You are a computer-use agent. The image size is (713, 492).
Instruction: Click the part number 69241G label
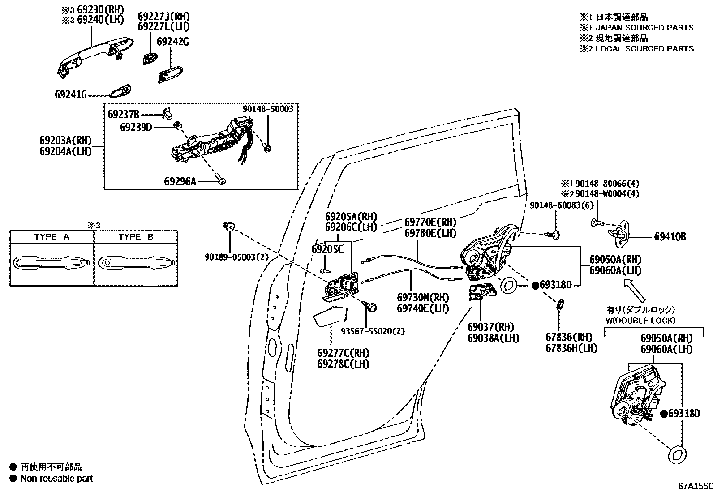point(70,94)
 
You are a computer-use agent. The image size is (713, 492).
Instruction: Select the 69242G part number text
point(172,42)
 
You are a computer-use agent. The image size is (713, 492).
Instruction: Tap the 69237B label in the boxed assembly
point(124,114)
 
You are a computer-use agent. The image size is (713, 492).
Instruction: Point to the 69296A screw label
point(180,181)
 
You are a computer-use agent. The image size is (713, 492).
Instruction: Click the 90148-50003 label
point(268,109)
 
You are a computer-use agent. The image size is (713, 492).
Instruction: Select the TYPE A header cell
point(52,237)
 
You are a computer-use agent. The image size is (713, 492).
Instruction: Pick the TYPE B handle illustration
point(136,263)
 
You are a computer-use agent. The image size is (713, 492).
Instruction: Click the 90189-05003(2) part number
point(230,257)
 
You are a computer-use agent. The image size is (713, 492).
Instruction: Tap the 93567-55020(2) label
point(372,331)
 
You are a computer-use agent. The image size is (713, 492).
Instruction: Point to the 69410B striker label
point(670,237)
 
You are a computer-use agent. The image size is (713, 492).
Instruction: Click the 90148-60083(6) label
point(555,205)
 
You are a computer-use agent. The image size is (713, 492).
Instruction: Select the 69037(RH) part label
point(490,327)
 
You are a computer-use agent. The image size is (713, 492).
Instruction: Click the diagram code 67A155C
point(694,486)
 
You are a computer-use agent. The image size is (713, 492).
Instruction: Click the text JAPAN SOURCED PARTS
point(644,28)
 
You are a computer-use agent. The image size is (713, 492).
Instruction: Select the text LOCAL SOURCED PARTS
point(644,48)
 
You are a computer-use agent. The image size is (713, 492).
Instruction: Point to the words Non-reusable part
point(56,478)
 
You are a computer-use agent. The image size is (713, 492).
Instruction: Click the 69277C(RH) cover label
point(343,353)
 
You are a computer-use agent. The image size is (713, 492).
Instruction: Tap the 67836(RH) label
point(568,337)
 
